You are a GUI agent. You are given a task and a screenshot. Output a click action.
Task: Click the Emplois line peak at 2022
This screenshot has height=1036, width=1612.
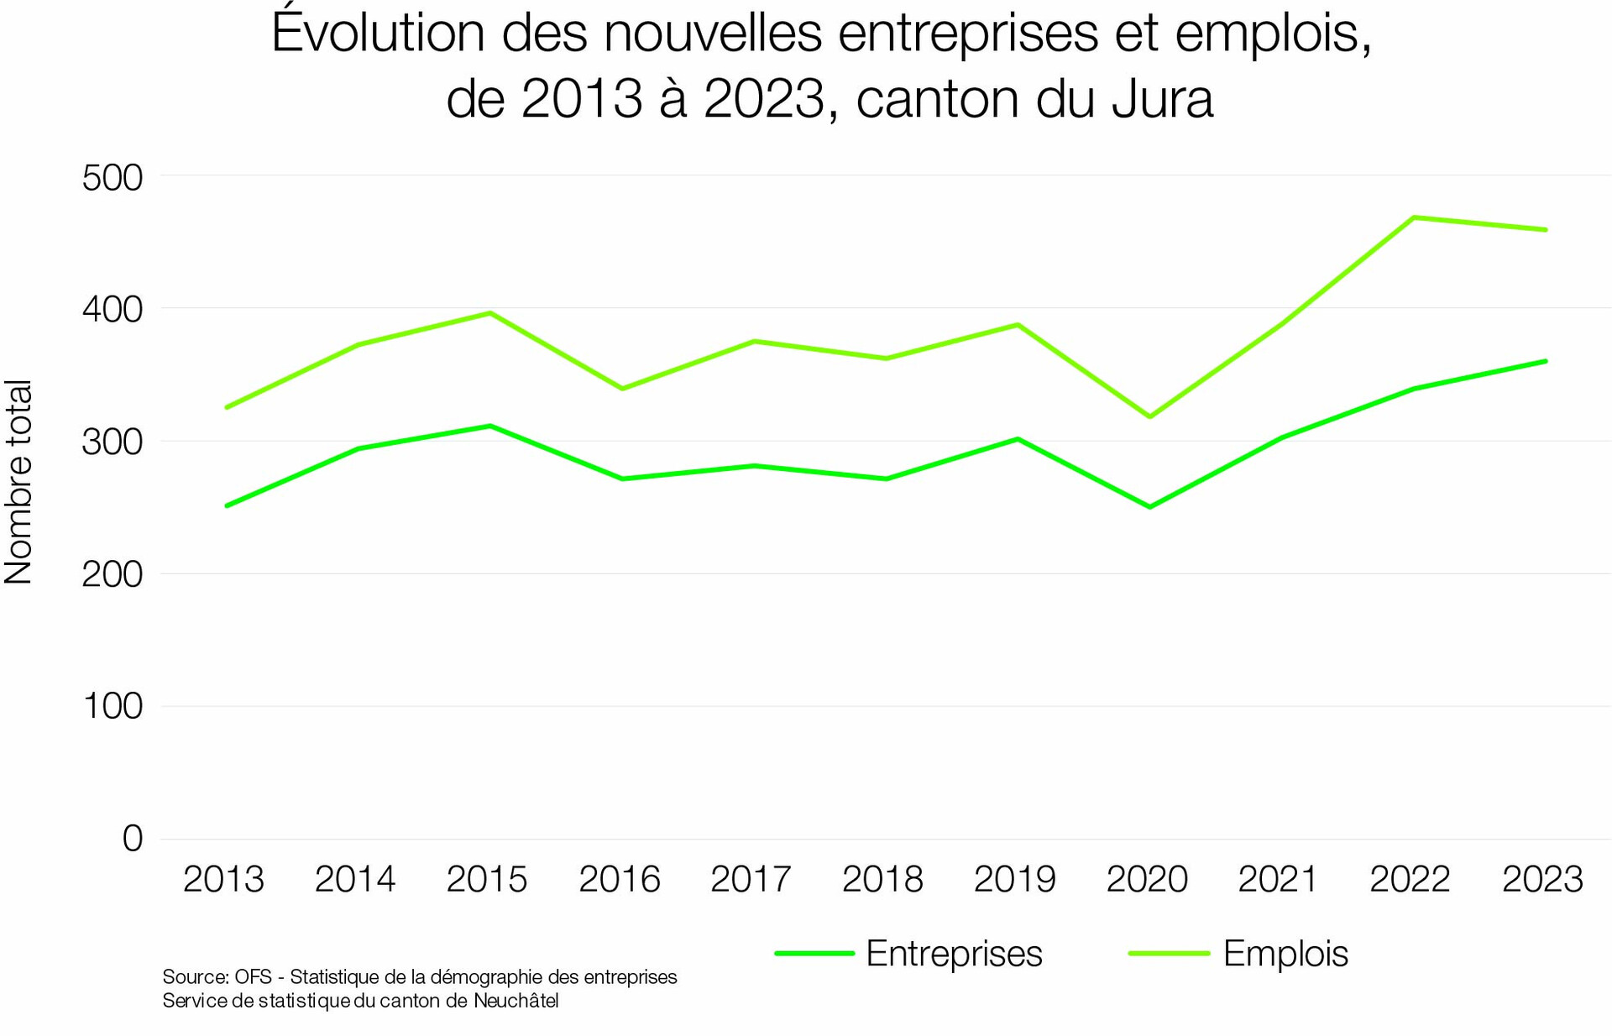pos(1414,217)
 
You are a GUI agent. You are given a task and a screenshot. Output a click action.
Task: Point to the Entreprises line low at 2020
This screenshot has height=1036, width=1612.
pos(1149,507)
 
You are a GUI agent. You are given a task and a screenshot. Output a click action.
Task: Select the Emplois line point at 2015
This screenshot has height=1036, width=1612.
pos(490,313)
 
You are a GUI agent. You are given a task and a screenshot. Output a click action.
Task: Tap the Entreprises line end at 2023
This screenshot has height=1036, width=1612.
pos(1546,361)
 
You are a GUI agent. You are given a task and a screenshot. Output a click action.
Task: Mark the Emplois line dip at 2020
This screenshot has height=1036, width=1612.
pos(1149,416)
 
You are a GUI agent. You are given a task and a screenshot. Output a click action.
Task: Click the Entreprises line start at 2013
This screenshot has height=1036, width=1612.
pos(226,506)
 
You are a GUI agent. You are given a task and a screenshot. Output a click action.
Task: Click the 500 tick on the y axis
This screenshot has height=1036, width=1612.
pos(113,178)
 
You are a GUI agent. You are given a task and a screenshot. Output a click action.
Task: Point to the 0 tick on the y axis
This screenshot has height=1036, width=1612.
pos(133,839)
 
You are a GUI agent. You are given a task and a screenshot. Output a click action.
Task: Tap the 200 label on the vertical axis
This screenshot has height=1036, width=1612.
pos(113,574)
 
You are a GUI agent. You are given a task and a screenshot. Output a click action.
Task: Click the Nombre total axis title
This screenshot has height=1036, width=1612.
pos(18,482)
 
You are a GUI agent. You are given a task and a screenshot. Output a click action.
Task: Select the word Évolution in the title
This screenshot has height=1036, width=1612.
pos(379,34)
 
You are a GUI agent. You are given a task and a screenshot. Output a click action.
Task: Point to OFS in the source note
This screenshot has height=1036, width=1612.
pos(253,977)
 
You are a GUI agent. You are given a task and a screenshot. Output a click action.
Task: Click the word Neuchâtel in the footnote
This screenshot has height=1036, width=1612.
pos(516,1001)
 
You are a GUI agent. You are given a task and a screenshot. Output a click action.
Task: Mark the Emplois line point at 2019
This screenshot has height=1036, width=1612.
pos(1018,324)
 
